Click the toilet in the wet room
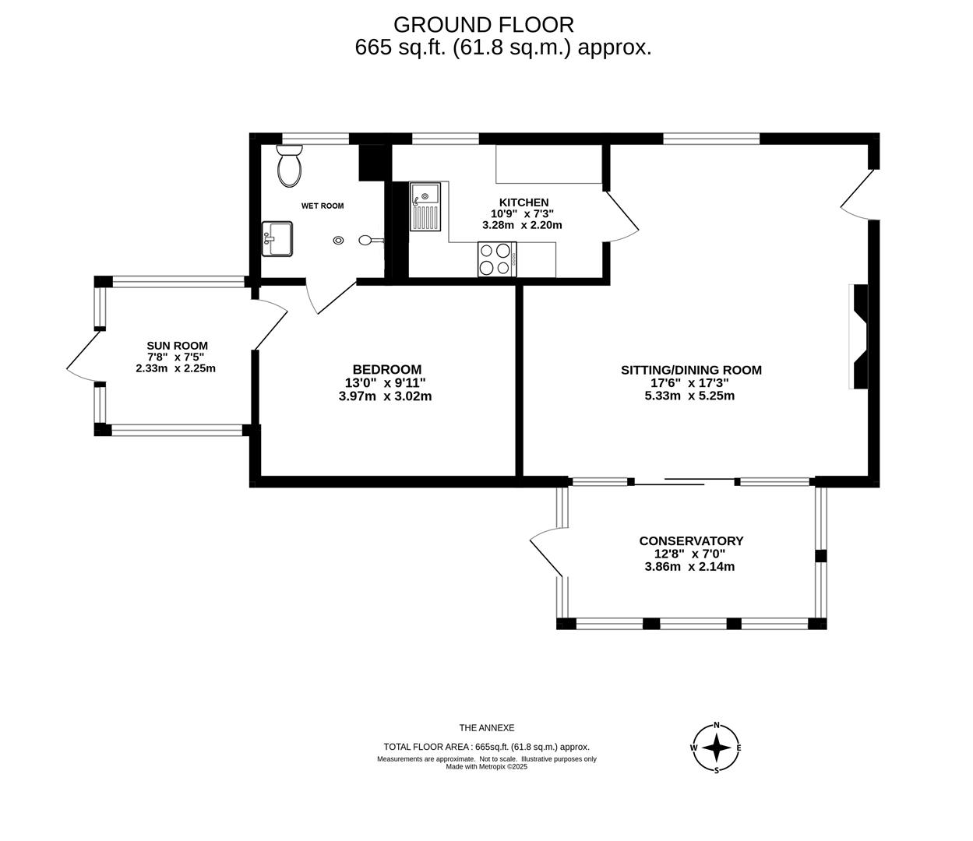(x=290, y=166)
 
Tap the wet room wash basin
(x=277, y=239)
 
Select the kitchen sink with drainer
(x=425, y=206)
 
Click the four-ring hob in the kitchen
(x=497, y=259)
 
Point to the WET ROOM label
(x=323, y=206)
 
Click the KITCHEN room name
(x=524, y=202)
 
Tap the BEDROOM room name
(x=387, y=369)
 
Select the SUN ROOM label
(x=177, y=346)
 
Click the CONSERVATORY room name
(x=691, y=540)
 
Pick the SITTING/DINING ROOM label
(x=691, y=370)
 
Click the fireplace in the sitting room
(x=859, y=336)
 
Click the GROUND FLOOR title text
(x=484, y=25)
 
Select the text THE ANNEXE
(x=487, y=728)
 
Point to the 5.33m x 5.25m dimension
(x=689, y=396)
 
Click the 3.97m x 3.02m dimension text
(x=385, y=396)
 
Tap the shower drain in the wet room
(x=338, y=241)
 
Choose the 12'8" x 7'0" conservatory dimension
(x=689, y=554)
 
